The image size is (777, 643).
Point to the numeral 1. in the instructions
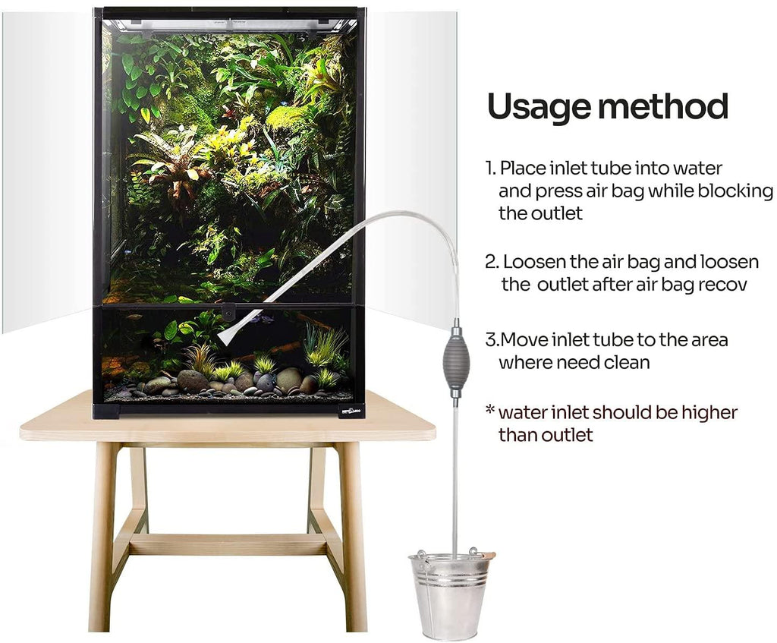coord(491,168)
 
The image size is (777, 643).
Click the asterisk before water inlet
coord(490,411)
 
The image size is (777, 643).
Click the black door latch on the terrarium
coord(228,314)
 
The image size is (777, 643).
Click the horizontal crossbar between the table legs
coord(228,544)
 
